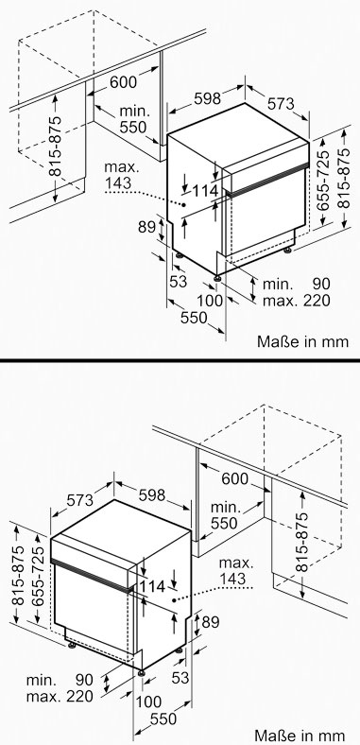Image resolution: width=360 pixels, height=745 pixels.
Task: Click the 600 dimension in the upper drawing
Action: (124, 81)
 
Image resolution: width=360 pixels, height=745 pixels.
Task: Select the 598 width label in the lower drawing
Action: (152, 494)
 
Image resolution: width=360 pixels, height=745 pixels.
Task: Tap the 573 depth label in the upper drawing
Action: (282, 103)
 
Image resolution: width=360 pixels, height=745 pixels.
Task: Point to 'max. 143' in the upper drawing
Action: (120, 175)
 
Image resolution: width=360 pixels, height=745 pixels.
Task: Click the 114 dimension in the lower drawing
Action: (152, 586)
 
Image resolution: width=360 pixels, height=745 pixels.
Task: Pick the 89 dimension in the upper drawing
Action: (146, 227)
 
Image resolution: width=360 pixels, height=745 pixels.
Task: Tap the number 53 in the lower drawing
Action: (180, 678)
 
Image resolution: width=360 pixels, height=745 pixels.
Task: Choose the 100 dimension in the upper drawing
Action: (210, 300)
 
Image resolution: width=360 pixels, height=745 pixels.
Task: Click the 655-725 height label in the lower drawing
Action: (38, 576)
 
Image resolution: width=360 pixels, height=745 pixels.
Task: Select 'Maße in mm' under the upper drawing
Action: (303, 341)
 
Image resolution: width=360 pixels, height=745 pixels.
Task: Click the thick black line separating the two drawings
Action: (180, 360)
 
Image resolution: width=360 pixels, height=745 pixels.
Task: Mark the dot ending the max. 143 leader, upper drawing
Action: (185, 204)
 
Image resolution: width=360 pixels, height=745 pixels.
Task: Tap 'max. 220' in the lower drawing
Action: (60, 697)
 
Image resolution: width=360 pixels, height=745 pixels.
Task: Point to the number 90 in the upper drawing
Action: (321, 284)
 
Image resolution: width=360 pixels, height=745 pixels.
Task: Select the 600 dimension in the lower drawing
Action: (235, 478)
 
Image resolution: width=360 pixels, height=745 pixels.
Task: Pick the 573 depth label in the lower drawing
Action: (80, 499)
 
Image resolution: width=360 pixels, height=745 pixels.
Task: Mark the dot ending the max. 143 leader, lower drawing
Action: (174, 599)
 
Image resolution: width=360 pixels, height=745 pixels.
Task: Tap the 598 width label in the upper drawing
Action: (208, 98)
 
